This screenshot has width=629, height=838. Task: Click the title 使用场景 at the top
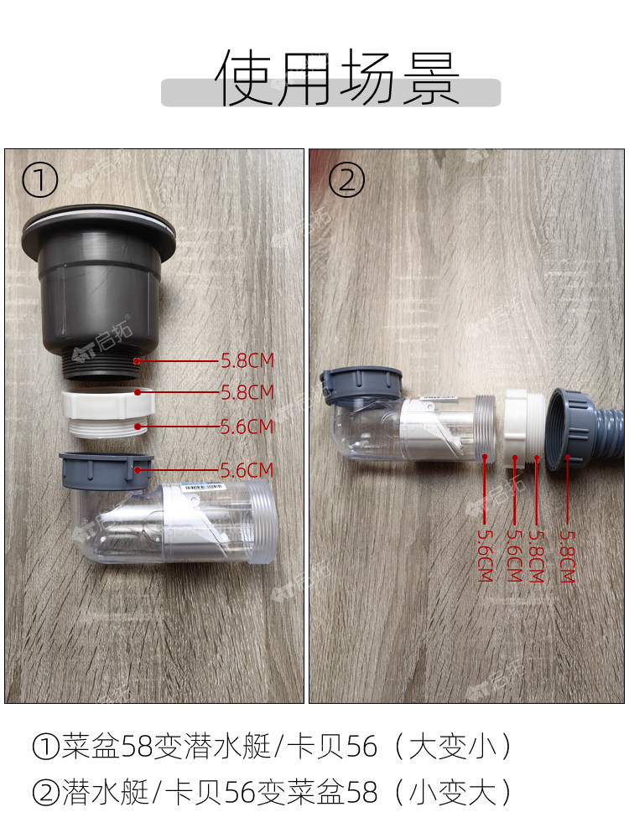click(x=337, y=78)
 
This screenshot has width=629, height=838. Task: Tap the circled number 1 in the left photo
click(x=39, y=180)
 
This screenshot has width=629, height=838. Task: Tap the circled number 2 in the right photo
click(x=346, y=179)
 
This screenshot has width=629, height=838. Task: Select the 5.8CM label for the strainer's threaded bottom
click(x=247, y=360)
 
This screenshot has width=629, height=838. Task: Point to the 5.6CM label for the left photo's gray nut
click(x=247, y=470)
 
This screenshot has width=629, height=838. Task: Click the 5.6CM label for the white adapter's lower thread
click(x=247, y=427)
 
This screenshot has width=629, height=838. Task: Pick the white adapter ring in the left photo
click(x=108, y=412)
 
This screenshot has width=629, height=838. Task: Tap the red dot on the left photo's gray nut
click(x=138, y=470)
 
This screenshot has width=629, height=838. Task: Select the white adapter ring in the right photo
click(x=525, y=427)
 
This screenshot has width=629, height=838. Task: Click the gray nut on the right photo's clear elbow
click(x=361, y=385)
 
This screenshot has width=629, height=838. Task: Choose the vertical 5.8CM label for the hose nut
click(x=567, y=556)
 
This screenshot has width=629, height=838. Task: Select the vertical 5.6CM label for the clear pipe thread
click(x=485, y=556)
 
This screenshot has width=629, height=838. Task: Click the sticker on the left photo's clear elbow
click(x=203, y=487)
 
